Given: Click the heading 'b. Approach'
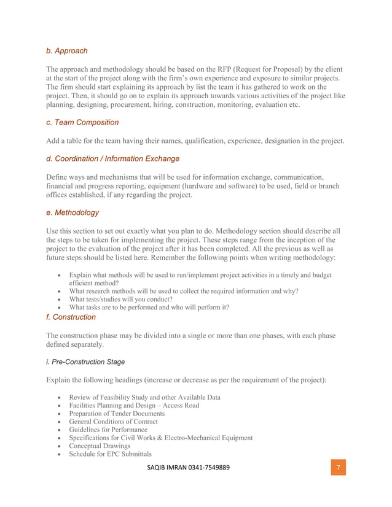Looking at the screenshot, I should point(67,51).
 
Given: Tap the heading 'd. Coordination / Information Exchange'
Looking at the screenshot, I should point(112,159).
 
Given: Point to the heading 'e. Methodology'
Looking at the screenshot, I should point(73,213).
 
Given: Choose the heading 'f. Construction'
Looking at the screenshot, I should point(71,317).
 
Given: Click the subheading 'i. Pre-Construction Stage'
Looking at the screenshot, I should point(85,362).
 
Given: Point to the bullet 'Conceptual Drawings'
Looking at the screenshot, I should point(100,446).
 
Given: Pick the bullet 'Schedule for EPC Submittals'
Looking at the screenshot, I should point(110,454).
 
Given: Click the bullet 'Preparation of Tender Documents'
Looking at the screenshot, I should point(117,414).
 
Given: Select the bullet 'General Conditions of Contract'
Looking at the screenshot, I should point(113,422).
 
